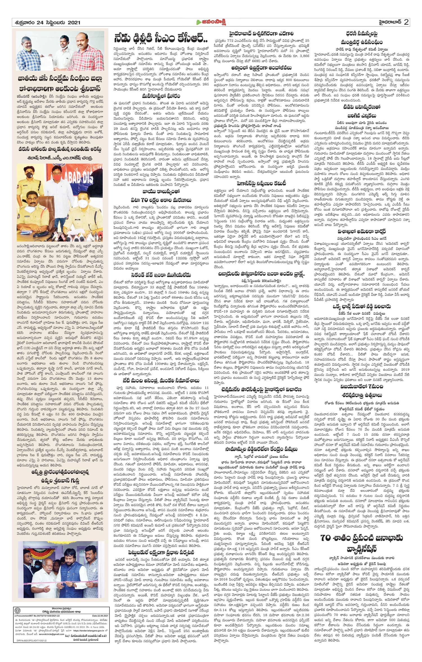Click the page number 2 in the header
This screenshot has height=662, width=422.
point(406,22)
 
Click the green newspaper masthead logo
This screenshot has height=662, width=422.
point(211,22)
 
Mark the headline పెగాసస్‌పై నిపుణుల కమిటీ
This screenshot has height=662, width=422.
point(261,183)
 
